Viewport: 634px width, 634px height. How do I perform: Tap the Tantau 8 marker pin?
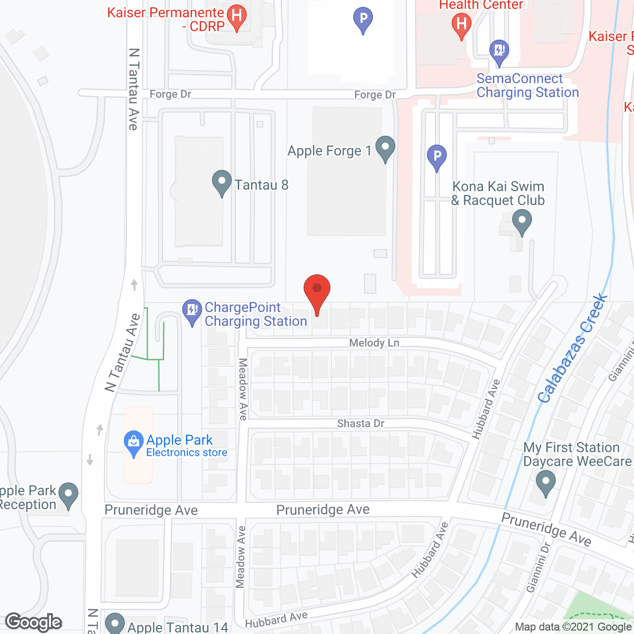point(221,183)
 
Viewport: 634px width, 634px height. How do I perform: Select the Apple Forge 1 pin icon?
point(385,149)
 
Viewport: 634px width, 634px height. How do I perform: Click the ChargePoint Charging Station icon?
point(192,312)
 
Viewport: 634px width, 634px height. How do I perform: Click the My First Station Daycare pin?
point(545,482)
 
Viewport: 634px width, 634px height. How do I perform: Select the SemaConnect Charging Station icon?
point(499,52)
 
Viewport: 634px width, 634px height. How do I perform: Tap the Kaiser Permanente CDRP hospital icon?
point(237,18)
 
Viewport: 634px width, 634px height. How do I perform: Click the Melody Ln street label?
point(374,343)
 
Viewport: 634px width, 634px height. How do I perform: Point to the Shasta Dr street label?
point(361,423)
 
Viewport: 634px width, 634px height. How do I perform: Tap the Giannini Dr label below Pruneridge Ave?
point(539,568)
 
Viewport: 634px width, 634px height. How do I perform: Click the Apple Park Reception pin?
point(68,495)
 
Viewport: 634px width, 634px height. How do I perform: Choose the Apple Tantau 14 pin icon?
point(115,624)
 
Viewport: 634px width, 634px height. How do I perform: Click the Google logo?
point(34,622)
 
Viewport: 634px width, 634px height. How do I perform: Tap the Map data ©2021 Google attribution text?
point(573,627)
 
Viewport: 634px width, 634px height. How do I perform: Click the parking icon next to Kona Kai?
point(436,158)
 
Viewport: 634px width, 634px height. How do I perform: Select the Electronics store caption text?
point(187,452)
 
